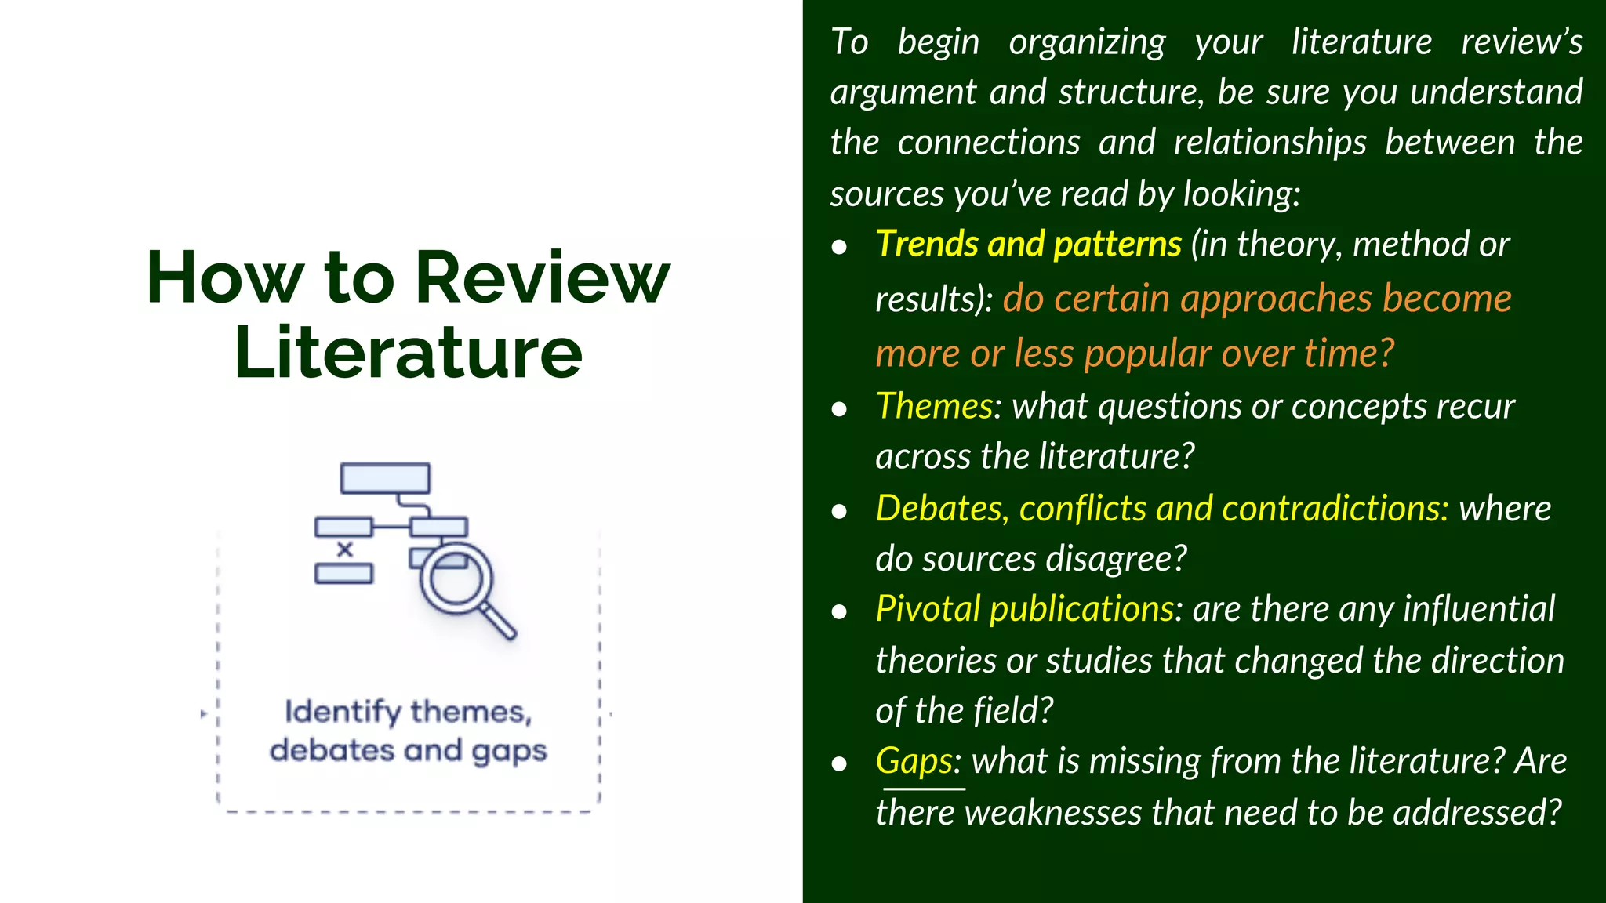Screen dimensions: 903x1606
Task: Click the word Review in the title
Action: [542, 278]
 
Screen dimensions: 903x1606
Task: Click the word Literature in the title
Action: [408, 353]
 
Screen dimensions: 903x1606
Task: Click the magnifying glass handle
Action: [499, 621]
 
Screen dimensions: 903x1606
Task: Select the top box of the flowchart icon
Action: [385, 477]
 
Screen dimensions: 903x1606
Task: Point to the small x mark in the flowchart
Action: [344, 549]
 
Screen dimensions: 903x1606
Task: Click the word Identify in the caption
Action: [343, 712]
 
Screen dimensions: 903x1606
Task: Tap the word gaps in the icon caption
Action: [509, 751]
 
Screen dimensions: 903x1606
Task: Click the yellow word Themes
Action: [934, 406]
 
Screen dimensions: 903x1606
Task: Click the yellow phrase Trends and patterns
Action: [1028, 244]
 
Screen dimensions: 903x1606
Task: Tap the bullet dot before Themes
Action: [839, 409]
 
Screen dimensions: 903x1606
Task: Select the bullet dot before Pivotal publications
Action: [839, 612]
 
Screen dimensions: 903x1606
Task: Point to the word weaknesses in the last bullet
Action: [1053, 813]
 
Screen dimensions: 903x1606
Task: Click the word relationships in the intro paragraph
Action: [1270, 143]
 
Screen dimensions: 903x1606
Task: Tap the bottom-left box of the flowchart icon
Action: [343, 574]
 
